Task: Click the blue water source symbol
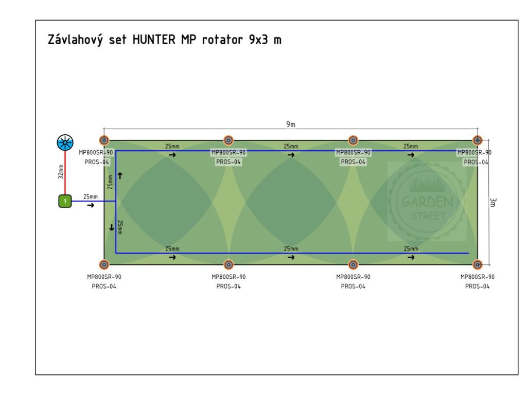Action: pyautogui.click(x=65, y=143)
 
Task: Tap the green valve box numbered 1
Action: pyautogui.click(x=65, y=201)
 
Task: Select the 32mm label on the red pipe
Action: pyautogui.click(x=61, y=172)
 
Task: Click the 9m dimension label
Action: pyautogui.click(x=291, y=124)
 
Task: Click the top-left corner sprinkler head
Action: pyautogui.click(x=104, y=140)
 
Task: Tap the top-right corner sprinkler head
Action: pyautogui.click(x=478, y=140)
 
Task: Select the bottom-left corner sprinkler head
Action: pyautogui.click(x=104, y=264)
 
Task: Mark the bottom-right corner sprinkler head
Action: pyautogui.click(x=478, y=264)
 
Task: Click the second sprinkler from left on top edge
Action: pyautogui.click(x=229, y=140)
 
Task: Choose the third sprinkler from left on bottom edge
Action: pyautogui.click(x=353, y=264)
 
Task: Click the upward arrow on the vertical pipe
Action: pyautogui.click(x=120, y=175)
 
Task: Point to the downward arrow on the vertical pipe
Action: pyautogui.click(x=111, y=227)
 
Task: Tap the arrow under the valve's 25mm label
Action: pyautogui.click(x=91, y=206)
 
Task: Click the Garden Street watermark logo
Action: pyautogui.click(x=427, y=202)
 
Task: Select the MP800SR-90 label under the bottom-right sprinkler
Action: pyautogui.click(x=478, y=277)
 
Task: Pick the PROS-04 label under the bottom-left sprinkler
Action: pyautogui.click(x=104, y=286)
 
